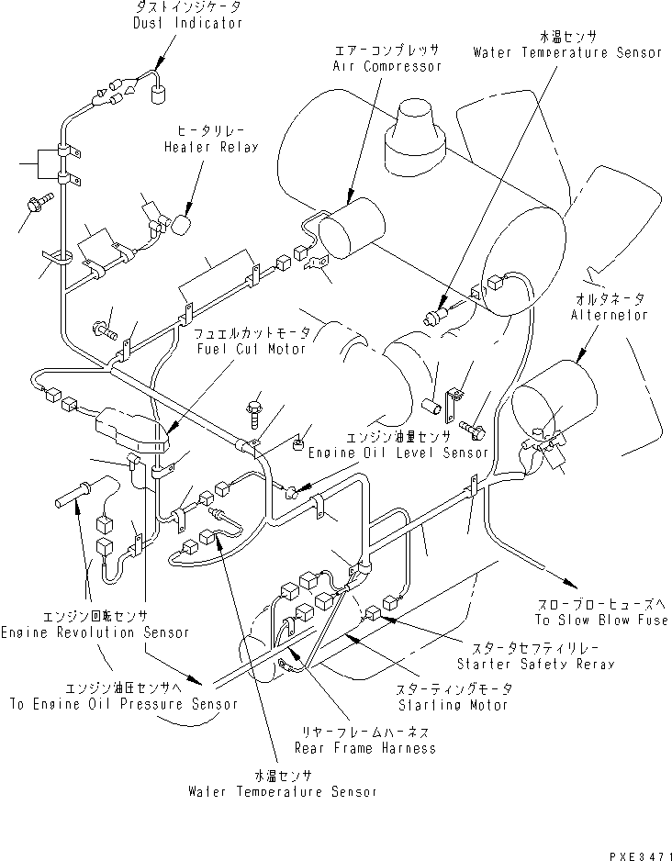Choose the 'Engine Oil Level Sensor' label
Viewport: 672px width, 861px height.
click(x=398, y=453)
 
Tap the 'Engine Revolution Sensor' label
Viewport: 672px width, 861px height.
click(x=95, y=632)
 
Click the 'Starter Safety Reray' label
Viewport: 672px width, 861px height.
click(x=535, y=663)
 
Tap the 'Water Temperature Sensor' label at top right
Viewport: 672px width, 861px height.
click(x=566, y=52)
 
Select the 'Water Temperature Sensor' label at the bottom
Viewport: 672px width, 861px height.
click(x=282, y=790)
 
